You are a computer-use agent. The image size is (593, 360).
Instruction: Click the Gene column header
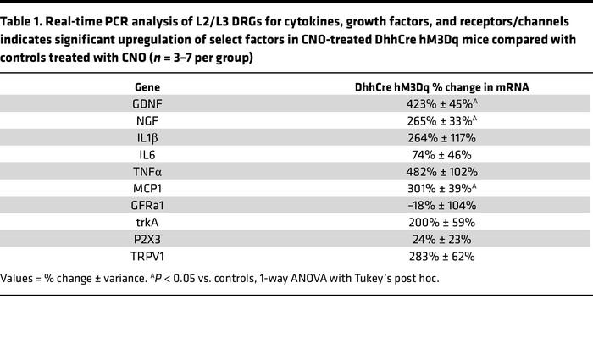pyautogui.click(x=147, y=87)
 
